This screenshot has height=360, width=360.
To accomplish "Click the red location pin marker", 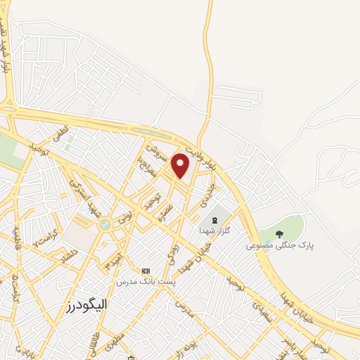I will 181,166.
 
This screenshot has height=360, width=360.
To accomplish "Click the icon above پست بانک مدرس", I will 146,271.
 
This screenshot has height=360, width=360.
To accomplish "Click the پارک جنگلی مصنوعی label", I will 279,246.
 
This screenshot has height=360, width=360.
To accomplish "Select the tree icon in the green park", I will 279,234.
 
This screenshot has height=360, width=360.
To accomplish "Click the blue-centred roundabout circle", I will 105,224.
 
